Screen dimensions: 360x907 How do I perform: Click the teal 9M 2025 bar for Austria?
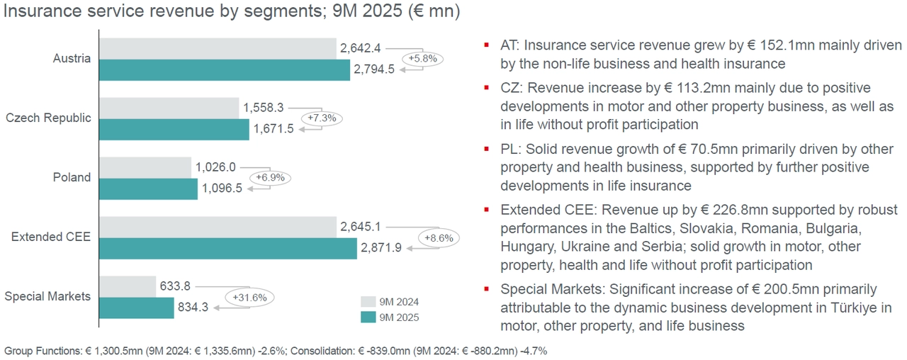pos(225,69)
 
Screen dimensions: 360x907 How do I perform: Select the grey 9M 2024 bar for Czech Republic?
pos(169,108)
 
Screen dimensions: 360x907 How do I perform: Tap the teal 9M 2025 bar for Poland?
pos(149,189)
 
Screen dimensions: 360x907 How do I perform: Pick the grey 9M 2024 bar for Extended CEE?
pos(218,227)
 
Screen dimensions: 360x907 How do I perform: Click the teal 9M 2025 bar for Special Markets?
pos(137,308)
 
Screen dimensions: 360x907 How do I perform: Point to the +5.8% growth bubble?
pos(423,60)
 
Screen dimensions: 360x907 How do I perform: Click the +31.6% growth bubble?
pos(249,298)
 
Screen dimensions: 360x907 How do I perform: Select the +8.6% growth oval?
pos(438,238)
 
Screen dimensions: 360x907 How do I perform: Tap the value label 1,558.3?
pos(263,108)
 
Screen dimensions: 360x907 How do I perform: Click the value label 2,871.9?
pos(381,248)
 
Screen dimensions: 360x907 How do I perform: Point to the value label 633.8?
pos(176,286)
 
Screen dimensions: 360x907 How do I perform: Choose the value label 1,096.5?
pos(222,189)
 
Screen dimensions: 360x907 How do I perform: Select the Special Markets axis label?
pos(47,296)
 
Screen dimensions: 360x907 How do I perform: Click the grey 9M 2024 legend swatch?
pos(368,301)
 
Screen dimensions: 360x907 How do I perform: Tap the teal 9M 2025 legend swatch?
pos(368,317)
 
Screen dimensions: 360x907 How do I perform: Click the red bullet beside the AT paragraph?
pos(486,46)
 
